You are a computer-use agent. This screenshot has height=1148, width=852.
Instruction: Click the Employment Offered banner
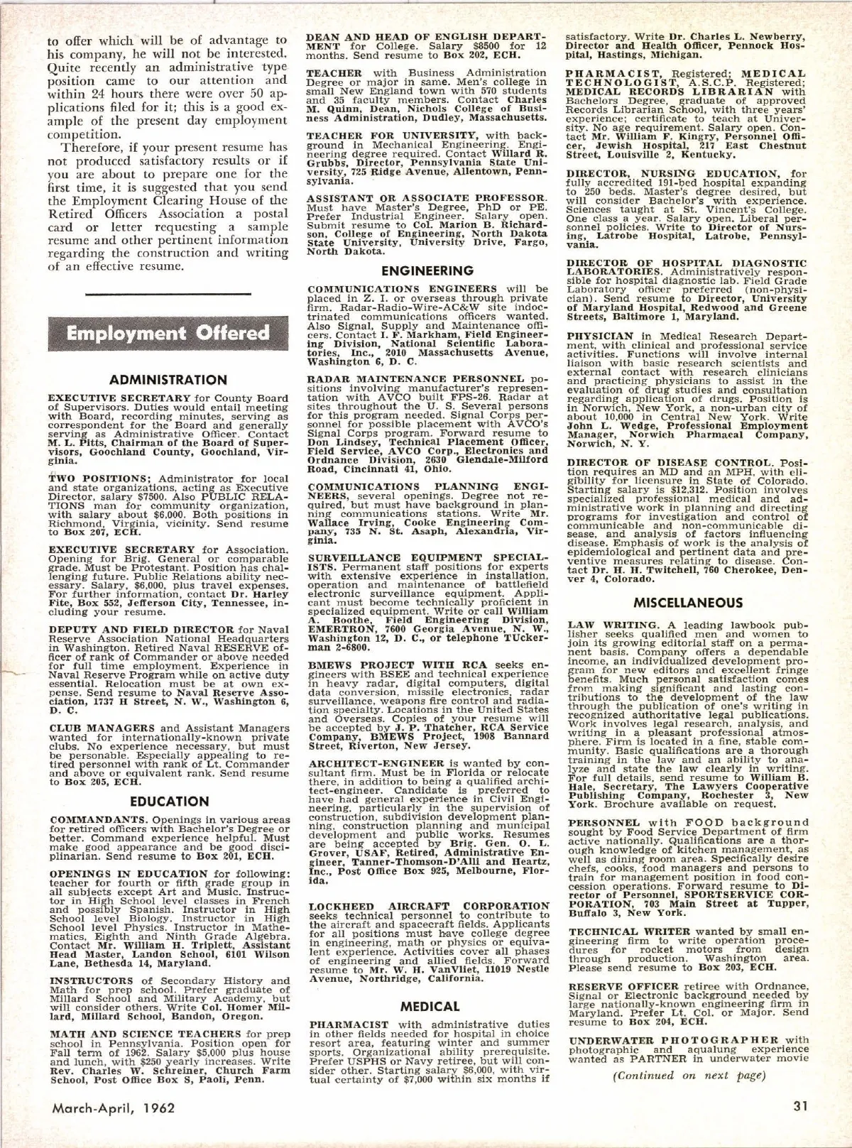(168, 333)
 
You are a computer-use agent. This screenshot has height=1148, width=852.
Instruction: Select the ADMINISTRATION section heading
(169, 380)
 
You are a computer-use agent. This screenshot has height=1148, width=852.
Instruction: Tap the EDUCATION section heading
(169, 801)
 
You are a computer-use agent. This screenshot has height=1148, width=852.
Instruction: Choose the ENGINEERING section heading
(427, 270)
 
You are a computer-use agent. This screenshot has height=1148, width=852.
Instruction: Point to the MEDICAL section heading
(430, 1006)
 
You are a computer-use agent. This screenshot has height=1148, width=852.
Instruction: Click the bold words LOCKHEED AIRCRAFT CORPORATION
(430, 906)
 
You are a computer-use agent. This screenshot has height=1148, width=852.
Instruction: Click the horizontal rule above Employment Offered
(168, 293)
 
